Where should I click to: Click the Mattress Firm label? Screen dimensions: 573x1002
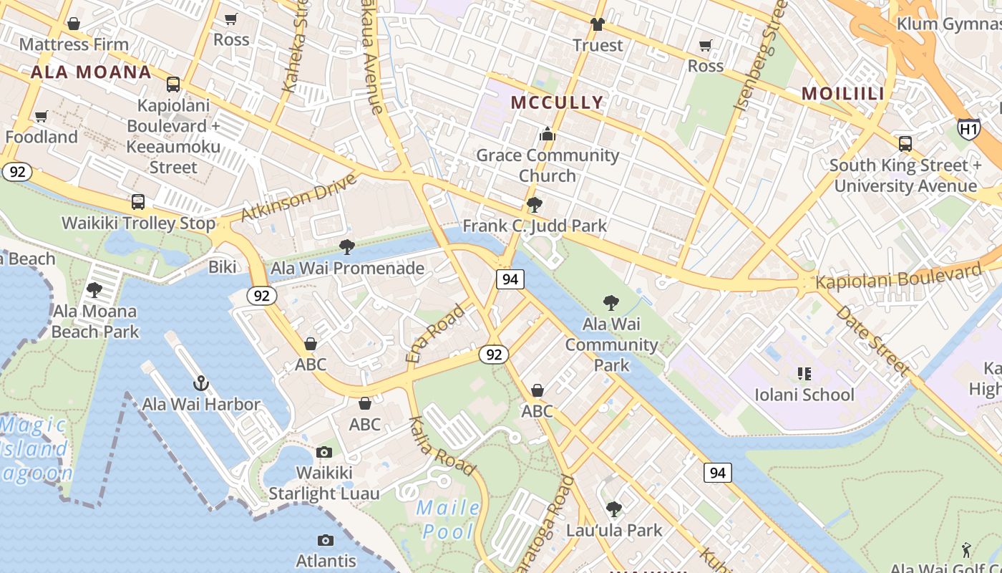click(x=74, y=44)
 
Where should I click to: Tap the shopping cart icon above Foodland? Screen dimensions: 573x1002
click(x=42, y=116)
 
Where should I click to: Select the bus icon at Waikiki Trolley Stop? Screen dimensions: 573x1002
click(x=138, y=202)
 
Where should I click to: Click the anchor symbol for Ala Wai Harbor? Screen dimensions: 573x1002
click(x=200, y=383)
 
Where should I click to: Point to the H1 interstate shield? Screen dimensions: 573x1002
click(x=968, y=129)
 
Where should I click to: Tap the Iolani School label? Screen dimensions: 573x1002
click(x=804, y=395)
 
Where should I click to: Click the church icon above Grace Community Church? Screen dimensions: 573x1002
click(x=548, y=134)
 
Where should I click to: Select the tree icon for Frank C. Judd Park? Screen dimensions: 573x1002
click(x=534, y=205)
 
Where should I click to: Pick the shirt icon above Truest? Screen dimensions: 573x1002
click(x=598, y=24)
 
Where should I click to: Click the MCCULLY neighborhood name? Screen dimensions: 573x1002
click(x=558, y=102)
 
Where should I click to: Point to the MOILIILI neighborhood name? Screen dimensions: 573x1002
click(x=842, y=94)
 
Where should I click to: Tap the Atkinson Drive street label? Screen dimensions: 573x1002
click(x=298, y=196)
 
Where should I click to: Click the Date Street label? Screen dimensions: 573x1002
click(x=872, y=340)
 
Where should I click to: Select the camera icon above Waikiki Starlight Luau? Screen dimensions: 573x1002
click(x=324, y=452)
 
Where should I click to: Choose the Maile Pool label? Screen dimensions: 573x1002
click(x=449, y=520)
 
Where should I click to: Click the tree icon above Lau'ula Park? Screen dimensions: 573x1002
click(x=613, y=509)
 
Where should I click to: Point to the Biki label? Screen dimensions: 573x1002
click(x=223, y=267)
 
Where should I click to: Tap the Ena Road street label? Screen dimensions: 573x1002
click(x=435, y=333)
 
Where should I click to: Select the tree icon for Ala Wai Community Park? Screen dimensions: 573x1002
click(x=611, y=303)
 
